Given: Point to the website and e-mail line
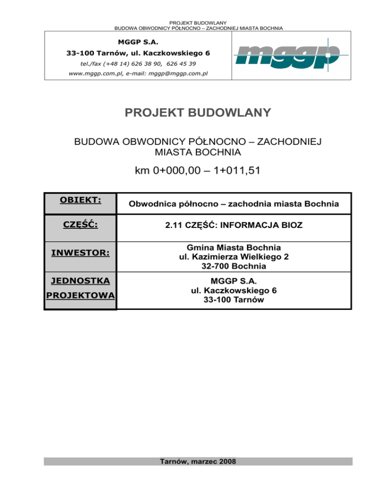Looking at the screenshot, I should [x=139, y=74].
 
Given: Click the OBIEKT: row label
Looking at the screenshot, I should [x=80, y=200].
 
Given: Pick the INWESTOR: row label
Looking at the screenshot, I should [x=80, y=254].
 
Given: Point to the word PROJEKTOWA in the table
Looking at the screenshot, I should [x=80, y=296].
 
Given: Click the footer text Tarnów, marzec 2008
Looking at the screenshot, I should [x=197, y=461].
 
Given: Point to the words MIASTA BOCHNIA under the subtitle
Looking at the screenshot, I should [x=197, y=153].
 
